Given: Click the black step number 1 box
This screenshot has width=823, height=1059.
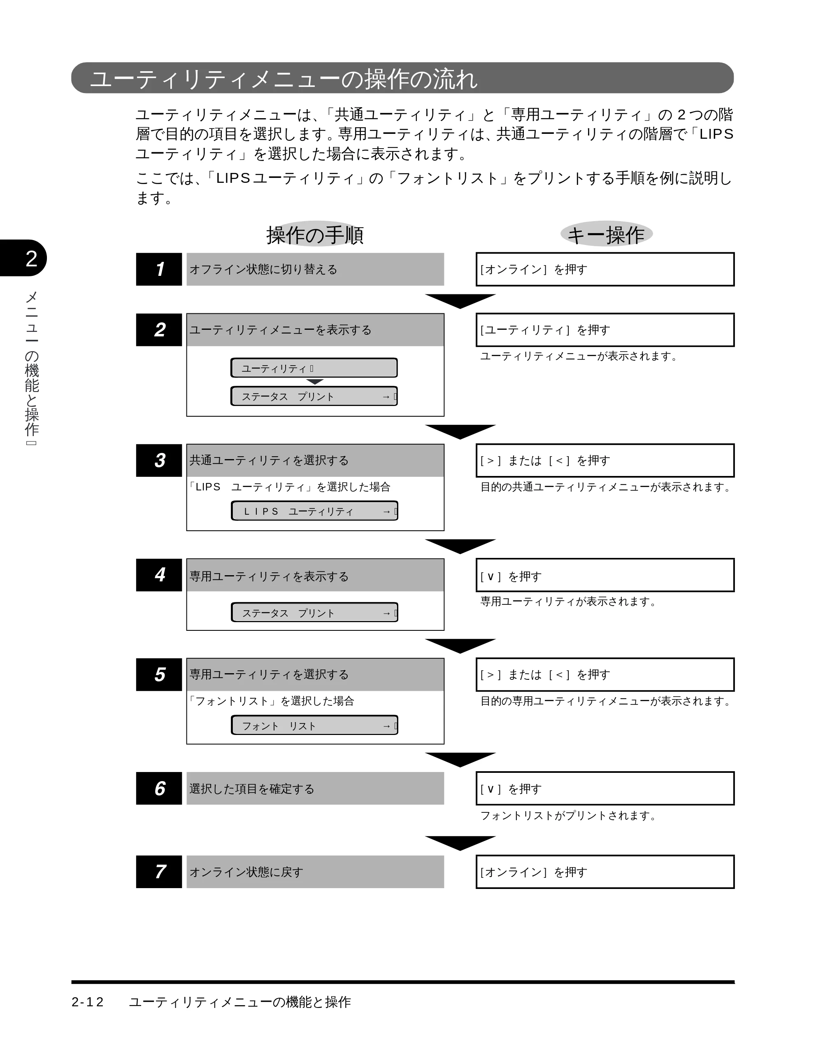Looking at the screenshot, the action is [159, 269].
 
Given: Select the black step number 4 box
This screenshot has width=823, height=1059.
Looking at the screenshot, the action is [159, 575].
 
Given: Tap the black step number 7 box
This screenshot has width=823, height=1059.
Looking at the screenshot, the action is [159, 872].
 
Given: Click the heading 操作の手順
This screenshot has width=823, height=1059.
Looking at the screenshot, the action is [315, 235].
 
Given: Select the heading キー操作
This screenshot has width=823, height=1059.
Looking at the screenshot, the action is [606, 235].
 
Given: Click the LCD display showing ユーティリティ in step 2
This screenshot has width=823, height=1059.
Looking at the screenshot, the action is [314, 368].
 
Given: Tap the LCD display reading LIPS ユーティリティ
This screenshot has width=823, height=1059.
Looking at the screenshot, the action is [314, 511].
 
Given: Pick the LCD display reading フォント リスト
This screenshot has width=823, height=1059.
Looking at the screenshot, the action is [314, 725].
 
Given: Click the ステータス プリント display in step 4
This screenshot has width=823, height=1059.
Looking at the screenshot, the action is [314, 612].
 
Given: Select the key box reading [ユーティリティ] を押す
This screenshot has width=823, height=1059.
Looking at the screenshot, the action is [605, 330].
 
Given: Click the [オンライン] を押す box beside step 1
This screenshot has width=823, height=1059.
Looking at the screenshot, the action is [605, 269].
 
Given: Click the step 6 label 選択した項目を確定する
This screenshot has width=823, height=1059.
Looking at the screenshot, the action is [251, 789].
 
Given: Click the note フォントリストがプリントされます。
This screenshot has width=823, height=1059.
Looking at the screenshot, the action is [570, 816].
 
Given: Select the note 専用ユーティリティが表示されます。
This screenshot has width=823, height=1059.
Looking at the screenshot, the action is [570, 601].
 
